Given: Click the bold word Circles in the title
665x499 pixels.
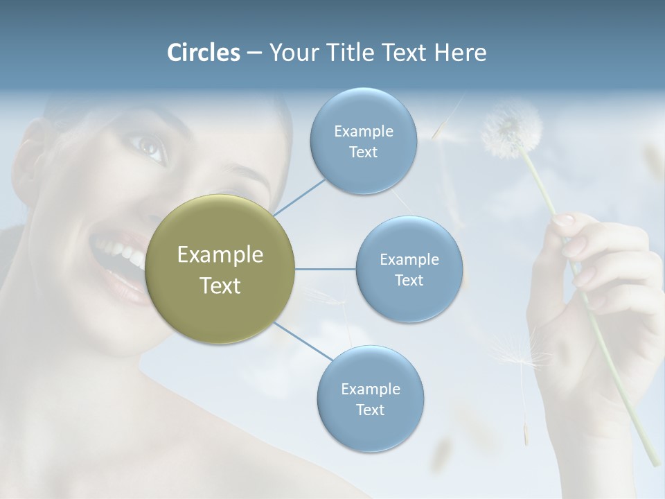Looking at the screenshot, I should click(x=203, y=53).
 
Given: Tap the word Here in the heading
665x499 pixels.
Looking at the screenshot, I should click(x=461, y=53).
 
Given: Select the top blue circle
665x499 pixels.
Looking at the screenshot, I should click(x=363, y=141).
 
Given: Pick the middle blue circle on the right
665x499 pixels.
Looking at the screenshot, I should click(x=409, y=269).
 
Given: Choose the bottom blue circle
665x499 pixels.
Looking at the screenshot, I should click(x=370, y=399).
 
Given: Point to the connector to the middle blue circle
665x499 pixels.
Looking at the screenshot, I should click(x=326, y=269).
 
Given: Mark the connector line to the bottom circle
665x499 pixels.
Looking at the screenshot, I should click(x=302, y=342).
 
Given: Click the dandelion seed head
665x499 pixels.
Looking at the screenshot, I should click(x=511, y=130).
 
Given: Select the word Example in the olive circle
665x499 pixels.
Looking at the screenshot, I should click(x=220, y=255).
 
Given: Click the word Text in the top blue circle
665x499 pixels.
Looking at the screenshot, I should click(x=363, y=152).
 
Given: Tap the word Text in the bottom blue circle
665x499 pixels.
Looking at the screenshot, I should click(x=370, y=410).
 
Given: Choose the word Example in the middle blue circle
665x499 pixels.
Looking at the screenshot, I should click(x=409, y=260).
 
